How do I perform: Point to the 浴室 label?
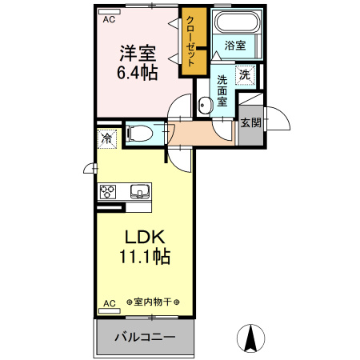235,47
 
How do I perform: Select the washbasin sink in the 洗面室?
205,103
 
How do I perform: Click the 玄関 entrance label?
250,123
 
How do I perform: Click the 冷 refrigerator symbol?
106,138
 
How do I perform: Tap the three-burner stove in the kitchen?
109,191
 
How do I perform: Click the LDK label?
144,238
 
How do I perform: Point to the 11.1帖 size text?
144,258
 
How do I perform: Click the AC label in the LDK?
109,302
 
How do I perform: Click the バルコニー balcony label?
144,337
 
